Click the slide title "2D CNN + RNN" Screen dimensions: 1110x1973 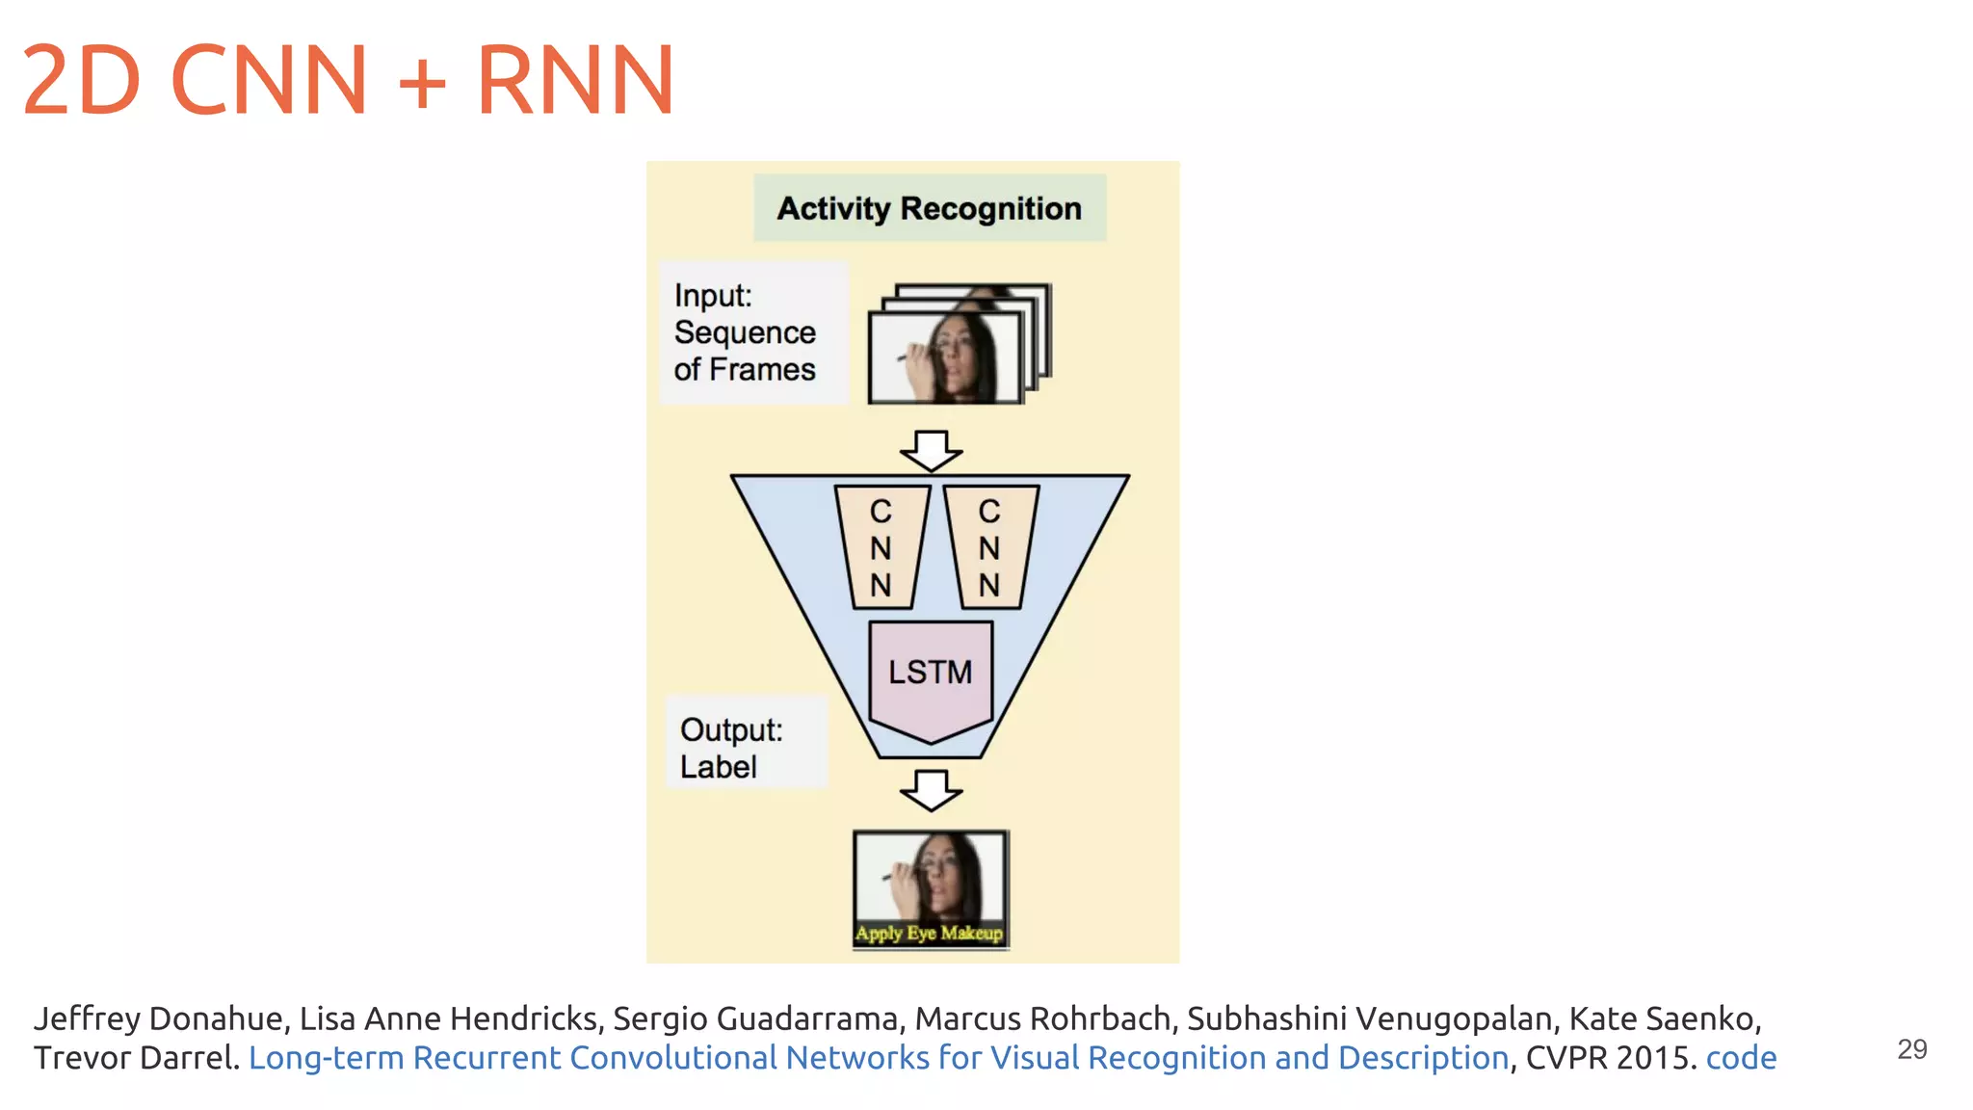coord(347,80)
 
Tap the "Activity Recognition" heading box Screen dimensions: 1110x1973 coord(929,208)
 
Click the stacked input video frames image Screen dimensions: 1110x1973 coord(959,345)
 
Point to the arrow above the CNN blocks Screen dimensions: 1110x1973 coord(931,450)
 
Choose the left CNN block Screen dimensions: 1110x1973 coord(881,547)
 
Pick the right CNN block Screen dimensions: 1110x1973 coord(989,547)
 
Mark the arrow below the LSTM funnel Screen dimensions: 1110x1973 coord(931,789)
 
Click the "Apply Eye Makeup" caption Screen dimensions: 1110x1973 coord(930,933)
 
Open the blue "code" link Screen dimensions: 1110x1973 coord(1741,1058)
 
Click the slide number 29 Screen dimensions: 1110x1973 coord(1911,1049)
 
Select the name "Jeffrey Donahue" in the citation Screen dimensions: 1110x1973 coord(158,1018)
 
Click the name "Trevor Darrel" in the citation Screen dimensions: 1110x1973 coord(135,1058)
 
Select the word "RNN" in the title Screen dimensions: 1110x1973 coord(575,80)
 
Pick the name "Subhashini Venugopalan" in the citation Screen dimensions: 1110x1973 coord(1369,1018)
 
